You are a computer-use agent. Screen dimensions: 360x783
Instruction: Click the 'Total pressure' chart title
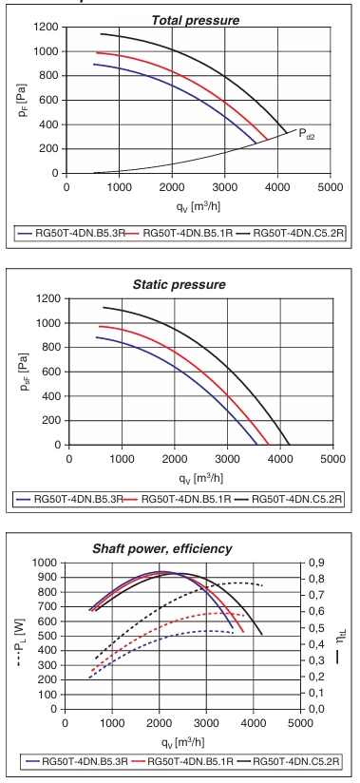tap(196, 21)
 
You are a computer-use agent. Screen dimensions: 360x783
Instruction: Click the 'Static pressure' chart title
tap(180, 285)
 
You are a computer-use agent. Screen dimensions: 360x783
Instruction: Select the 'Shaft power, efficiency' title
tap(162, 549)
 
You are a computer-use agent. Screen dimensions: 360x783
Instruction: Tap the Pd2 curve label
tap(306, 134)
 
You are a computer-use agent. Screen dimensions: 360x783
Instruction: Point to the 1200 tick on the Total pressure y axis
tap(47, 28)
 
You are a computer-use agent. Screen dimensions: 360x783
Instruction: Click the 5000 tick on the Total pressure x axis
tap(331, 187)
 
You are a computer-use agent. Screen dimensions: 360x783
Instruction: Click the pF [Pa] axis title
tap(22, 101)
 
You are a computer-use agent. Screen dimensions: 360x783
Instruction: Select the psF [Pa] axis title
tap(24, 372)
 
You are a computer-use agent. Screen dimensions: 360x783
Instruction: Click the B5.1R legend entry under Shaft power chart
tap(183, 761)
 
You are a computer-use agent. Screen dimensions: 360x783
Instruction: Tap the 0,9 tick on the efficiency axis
tap(317, 563)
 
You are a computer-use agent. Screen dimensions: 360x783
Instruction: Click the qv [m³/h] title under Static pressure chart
tap(200, 479)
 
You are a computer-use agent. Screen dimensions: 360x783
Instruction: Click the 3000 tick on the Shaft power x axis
tap(206, 722)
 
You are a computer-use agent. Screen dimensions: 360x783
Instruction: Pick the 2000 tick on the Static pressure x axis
tap(174, 458)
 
